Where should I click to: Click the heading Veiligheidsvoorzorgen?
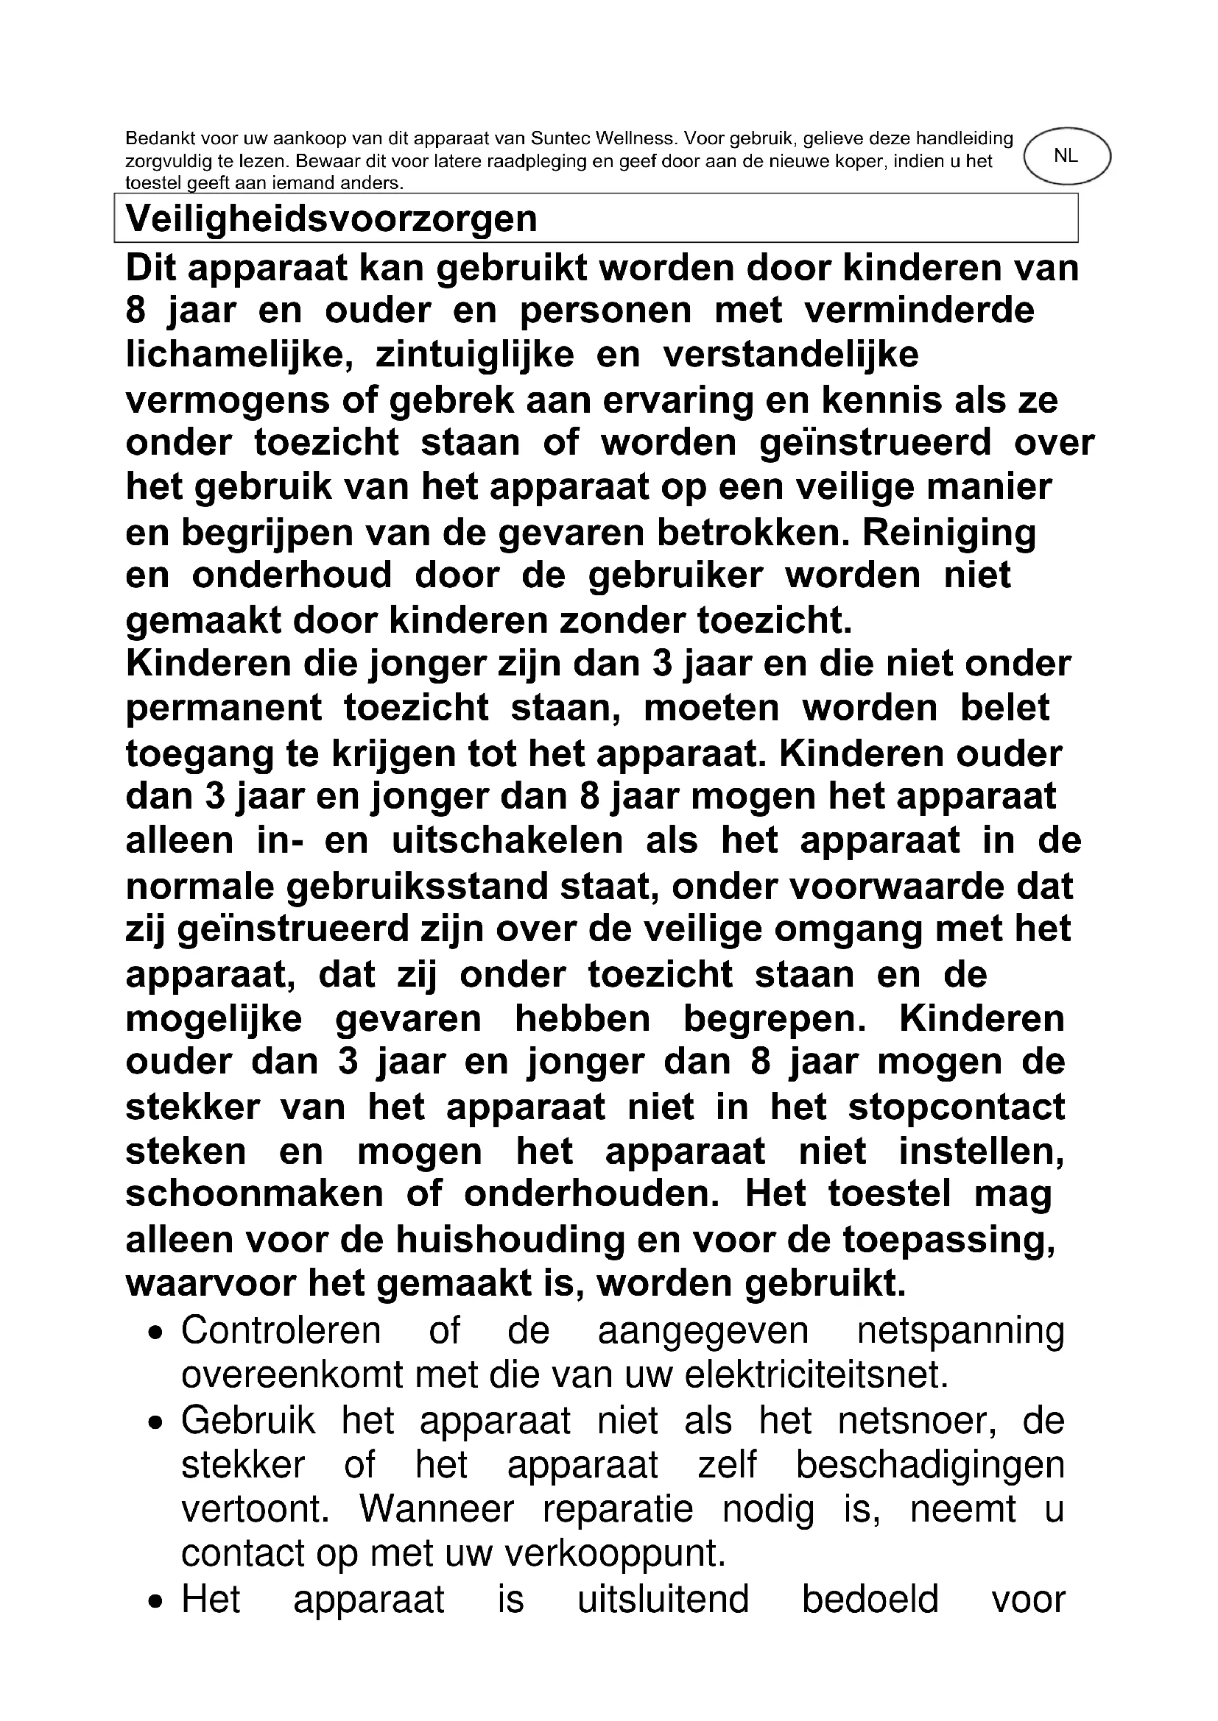point(331,219)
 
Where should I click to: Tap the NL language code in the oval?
point(1065,156)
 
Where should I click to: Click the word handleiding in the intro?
point(966,138)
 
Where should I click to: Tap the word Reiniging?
point(949,533)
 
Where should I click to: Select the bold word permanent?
point(224,709)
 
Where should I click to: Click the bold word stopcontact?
point(957,1107)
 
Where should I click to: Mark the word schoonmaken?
point(254,1193)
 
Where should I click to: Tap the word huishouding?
point(510,1239)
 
